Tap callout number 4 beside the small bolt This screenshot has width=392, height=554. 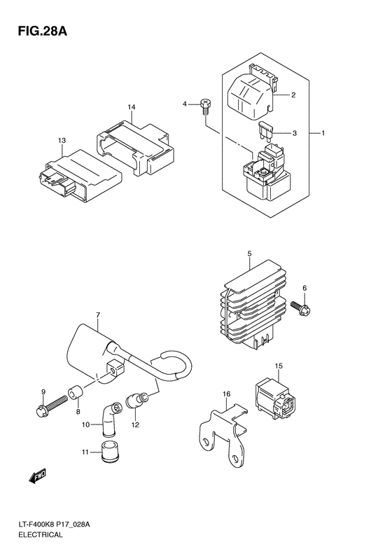tap(186, 104)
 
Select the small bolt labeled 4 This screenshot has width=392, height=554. tap(205, 106)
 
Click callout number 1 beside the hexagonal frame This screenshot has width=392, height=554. tap(324, 132)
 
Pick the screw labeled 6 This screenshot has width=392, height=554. tap(304, 306)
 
